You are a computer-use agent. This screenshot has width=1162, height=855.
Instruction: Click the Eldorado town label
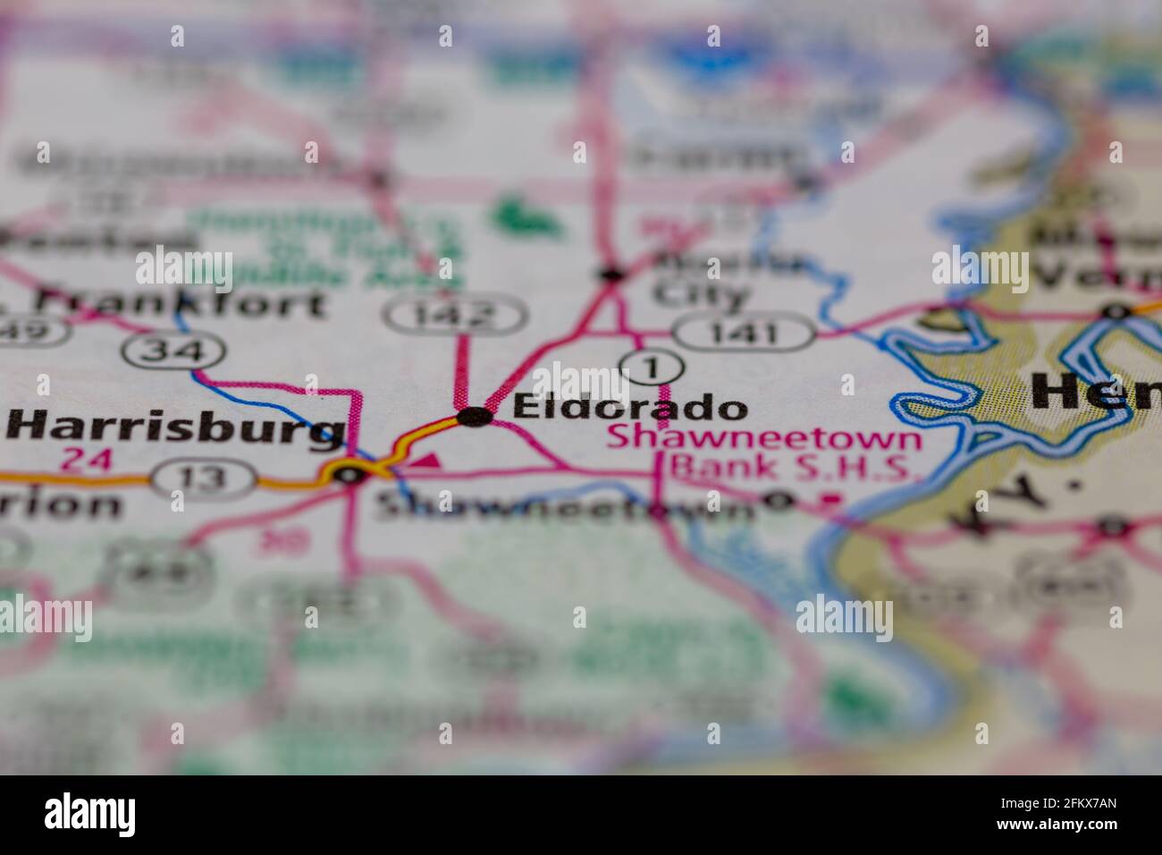(x=630, y=408)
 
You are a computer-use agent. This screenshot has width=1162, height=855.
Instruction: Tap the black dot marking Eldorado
(x=474, y=416)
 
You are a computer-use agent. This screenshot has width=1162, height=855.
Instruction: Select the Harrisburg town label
(x=176, y=428)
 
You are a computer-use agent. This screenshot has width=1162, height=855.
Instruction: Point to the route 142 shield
(x=456, y=315)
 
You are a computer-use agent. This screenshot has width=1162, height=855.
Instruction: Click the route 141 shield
(x=744, y=334)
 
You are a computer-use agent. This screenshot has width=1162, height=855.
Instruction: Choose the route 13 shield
(x=204, y=479)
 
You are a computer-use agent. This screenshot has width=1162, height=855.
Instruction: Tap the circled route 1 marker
(x=652, y=367)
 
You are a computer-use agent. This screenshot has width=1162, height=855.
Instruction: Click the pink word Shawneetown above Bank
(x=764, y=438)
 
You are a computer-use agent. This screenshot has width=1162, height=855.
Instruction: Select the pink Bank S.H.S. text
(x=796, y=466)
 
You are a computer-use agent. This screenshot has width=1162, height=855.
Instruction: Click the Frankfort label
(x=183, y=304)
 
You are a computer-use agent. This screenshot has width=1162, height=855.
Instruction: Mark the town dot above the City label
(x=612, y=273)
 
